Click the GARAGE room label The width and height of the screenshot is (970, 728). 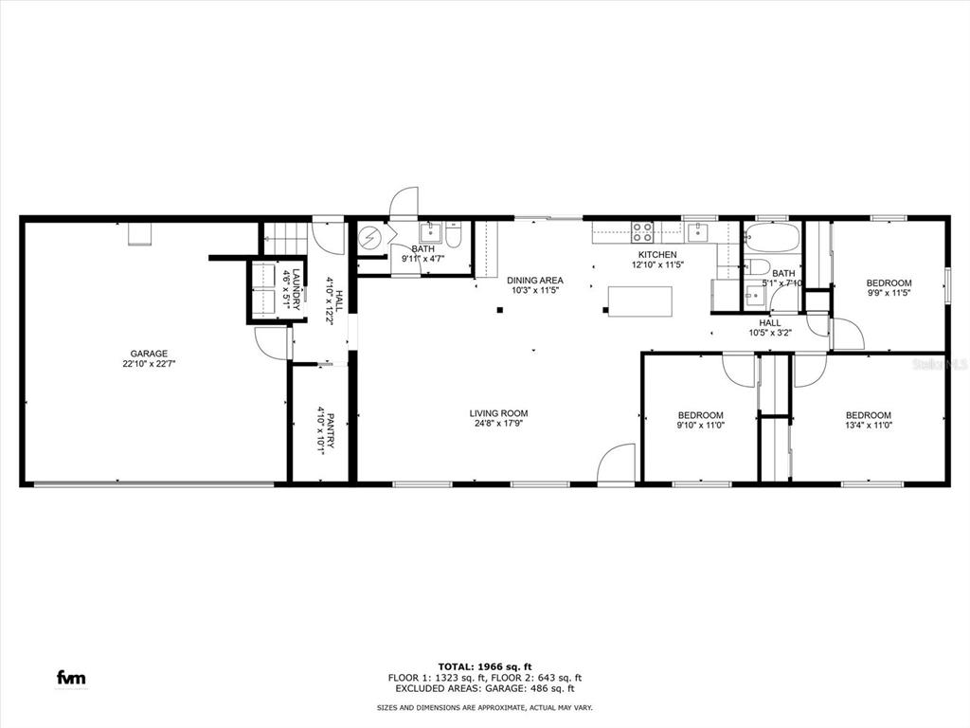149,355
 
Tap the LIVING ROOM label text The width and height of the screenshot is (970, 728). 498,413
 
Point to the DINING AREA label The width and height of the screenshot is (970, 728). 535,281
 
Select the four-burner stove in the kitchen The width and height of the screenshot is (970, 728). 642,232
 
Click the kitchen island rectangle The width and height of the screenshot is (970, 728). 640,301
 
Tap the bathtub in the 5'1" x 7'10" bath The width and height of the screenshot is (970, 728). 773,238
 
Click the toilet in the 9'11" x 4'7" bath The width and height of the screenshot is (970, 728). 453,235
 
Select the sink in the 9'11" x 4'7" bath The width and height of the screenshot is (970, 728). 430,233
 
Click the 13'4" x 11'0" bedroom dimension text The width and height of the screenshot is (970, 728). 869,426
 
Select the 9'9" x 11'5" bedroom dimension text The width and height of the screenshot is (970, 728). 889,293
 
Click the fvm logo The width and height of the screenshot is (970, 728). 71,677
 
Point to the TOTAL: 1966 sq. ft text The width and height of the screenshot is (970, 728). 485,666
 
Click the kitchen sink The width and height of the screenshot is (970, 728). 697,232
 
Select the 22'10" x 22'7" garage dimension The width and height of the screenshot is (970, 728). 149,364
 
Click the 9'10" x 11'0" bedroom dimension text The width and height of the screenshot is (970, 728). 701,426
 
